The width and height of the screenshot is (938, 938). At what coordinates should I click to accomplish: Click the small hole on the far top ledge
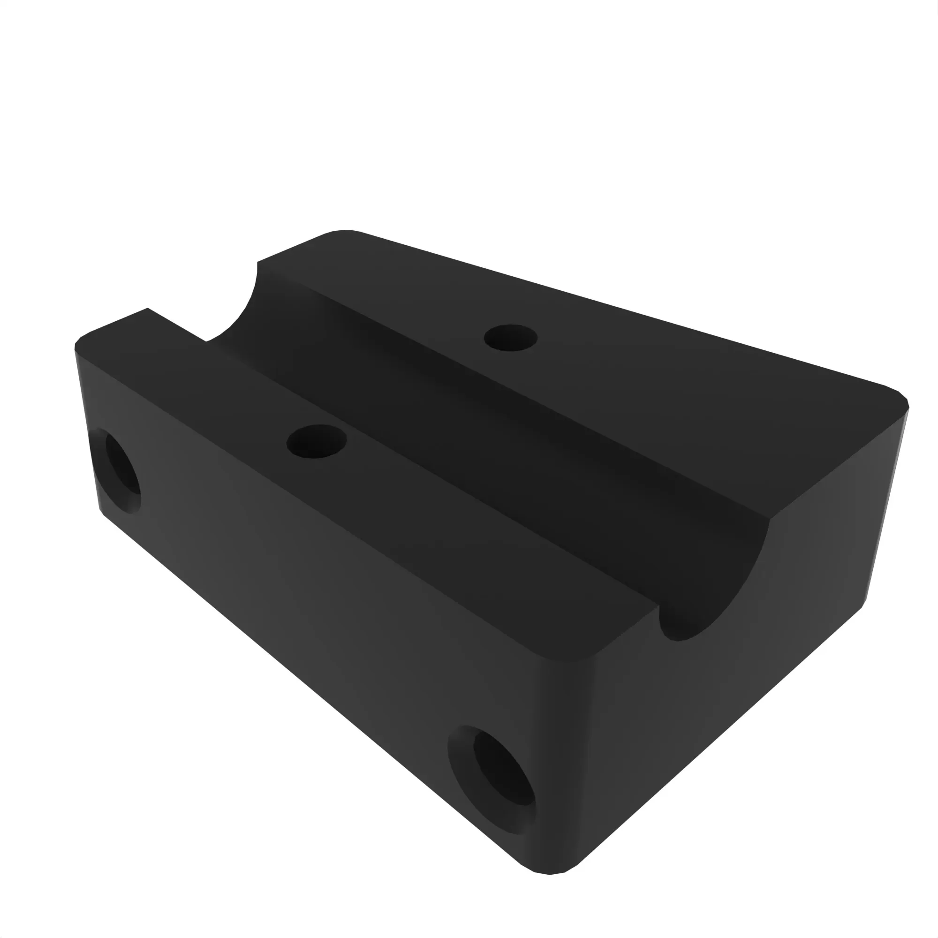510,338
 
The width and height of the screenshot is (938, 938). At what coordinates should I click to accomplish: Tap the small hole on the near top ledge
317,441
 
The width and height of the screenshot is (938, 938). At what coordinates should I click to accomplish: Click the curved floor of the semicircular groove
485,437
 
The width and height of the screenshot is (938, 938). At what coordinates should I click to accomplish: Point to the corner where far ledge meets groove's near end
770,519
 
